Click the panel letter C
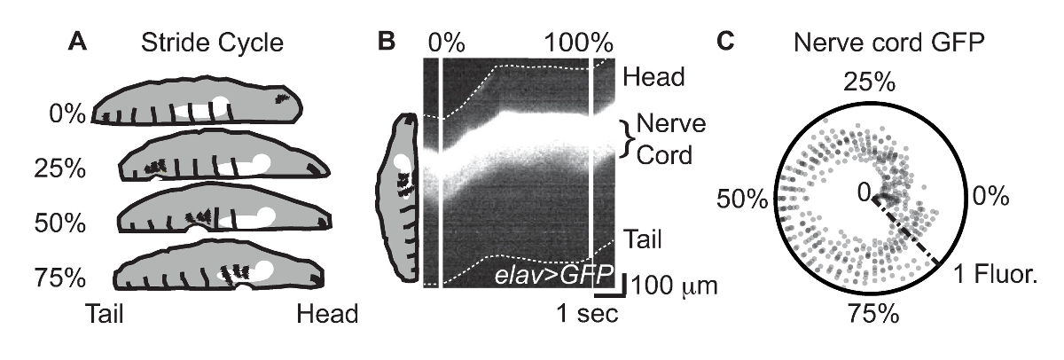(726, 42)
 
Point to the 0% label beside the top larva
(66, 114)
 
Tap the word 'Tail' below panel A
(107, 316)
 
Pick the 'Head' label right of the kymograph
(654, 76)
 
